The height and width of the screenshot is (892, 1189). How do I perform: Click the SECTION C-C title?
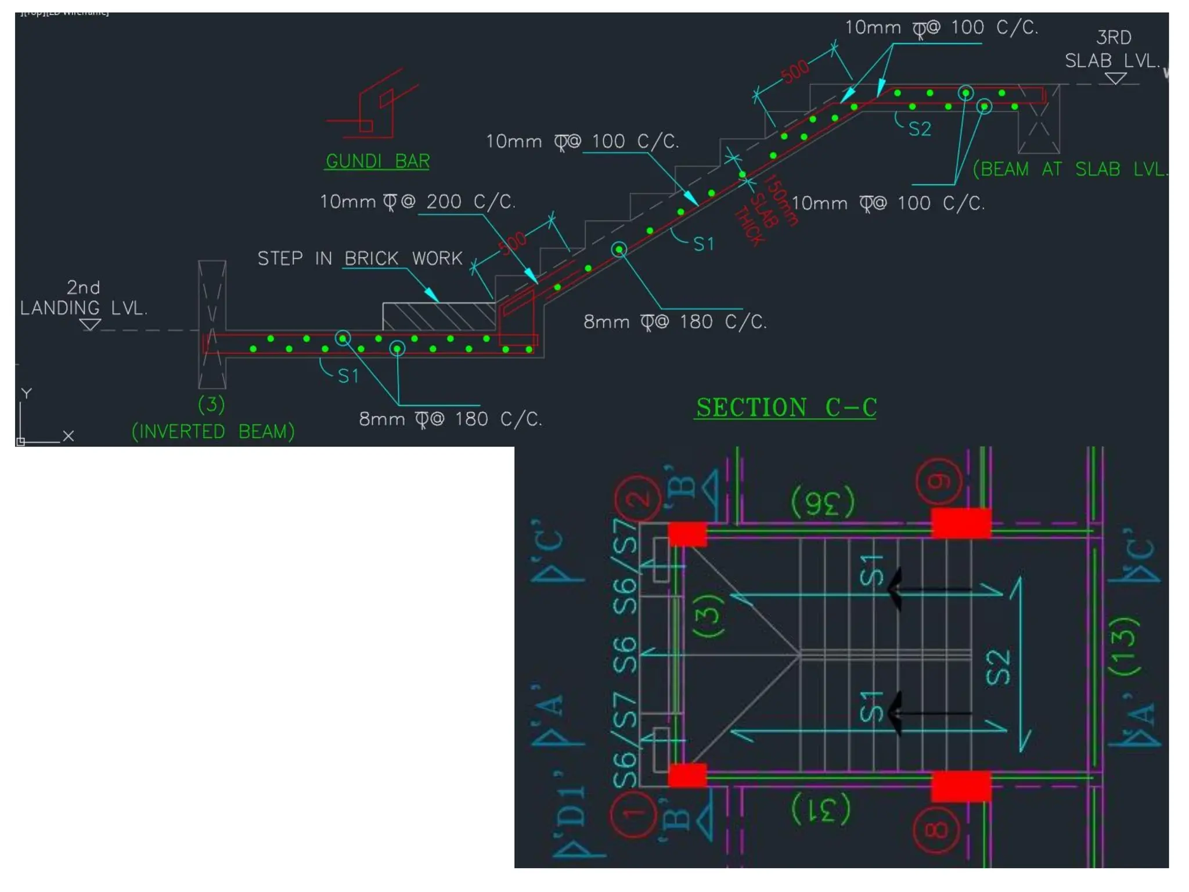click(x=786, y=408)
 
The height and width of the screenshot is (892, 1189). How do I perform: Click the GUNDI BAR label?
click(x=377, y=161)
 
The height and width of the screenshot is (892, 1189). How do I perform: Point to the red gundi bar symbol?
click(x=372, y=107)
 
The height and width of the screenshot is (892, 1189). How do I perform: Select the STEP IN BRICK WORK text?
click(x=360, y=258)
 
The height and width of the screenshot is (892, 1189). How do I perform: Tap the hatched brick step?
click(x=438, y=316)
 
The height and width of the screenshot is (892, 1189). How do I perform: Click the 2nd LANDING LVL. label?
click(x=84, y=298)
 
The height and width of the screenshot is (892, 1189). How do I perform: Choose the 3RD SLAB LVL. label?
click(x=1112, y=49)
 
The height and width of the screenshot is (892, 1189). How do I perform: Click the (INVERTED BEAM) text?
click(x=213, y=431)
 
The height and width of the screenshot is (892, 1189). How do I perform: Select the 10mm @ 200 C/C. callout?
click(x=417, y=202)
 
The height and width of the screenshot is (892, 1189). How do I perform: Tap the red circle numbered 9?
click(x=939, y=481)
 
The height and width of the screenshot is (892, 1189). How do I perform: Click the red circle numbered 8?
click(x=936, y=829)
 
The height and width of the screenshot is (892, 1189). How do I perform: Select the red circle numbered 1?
click(x=634, y=814)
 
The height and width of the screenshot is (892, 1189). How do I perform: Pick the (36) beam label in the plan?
click(x=823, y=502)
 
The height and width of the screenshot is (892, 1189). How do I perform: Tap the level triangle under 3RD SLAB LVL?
click(x=1115, y=78)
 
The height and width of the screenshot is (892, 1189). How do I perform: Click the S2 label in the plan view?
click(x=999, y=667)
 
